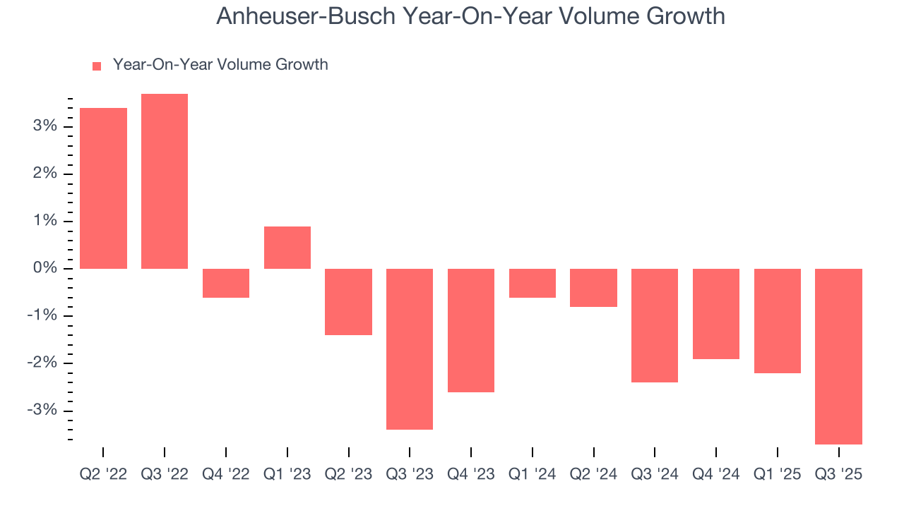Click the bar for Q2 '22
[x=103, y=188]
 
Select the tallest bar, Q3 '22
[x=165, y=181]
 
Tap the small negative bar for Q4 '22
[x=226, y=283]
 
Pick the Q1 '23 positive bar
[x=287, y=248]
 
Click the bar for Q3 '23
[x=410, y=349]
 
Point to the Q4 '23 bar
[x=471, y=330]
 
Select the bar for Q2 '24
[x=594, y=288]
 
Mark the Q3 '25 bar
[x=838, y=356]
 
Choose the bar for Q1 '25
[x=778, y=321]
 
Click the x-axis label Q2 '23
[x=348, y=474]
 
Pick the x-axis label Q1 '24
[x=533, y=474]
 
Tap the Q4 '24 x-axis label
[x=716, y=474]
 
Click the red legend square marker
[x=97, y=66]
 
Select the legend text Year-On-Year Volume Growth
[x=220, y=65]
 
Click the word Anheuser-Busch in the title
[x=305, y=16]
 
